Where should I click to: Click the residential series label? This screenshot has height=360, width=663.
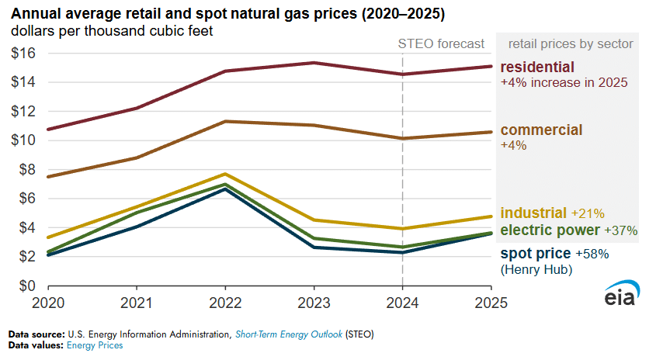(537, 67)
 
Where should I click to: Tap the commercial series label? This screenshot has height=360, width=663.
(541, 130)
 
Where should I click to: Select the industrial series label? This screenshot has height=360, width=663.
(534, 213)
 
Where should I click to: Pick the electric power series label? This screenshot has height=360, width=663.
(550, 230)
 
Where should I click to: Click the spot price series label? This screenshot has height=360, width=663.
(535, 254)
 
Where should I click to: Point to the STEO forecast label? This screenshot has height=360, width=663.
(440, 43)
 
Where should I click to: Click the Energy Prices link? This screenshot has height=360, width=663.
(95, 345)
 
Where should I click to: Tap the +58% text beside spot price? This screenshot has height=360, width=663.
(592, 254)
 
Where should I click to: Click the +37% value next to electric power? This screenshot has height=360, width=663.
(620, 230)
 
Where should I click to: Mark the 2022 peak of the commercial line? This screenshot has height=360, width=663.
(224, 121)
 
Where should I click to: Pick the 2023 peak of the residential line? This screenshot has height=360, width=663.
(313, 63)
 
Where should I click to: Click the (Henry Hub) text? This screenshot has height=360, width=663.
(536, 269)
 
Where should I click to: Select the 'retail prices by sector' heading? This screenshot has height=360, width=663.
(570, 43)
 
